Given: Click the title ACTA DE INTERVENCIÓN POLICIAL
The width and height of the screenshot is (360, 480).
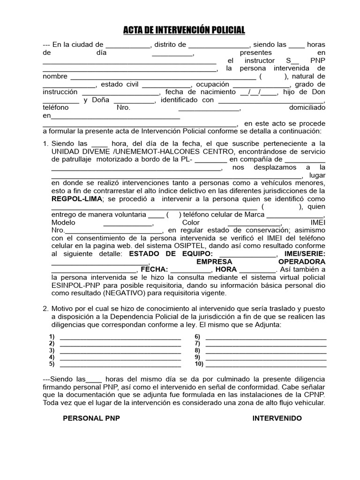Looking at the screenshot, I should click(x=184, y=30).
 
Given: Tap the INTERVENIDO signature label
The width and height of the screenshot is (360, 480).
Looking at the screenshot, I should click(x=277, y=418).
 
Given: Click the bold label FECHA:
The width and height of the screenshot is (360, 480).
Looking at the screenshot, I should click(x=154, y=270).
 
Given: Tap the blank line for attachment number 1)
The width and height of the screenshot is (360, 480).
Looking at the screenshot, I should click(x=120, y=337).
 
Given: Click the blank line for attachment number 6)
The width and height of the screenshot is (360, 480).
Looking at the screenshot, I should click(x=266, y=337).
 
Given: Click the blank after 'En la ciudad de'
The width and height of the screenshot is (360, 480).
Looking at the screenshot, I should click(x=127, y=45).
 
